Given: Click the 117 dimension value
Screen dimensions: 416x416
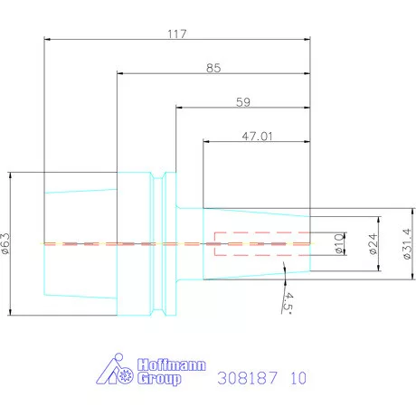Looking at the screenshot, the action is [x=177, y=33].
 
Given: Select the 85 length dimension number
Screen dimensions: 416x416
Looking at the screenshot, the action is [x=213, y=68].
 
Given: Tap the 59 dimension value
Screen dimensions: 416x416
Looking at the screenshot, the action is [x=243, y=102].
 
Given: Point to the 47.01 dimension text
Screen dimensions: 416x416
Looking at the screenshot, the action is [x=257, y=137].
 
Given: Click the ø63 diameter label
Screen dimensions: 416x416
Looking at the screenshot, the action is [x=5, y=243].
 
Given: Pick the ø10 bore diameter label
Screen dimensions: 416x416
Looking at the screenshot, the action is [x=339, y=243].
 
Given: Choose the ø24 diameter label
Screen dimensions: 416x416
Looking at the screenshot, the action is [x=373, y=243].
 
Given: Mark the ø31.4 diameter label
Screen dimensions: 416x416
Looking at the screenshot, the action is [x=407, y=243].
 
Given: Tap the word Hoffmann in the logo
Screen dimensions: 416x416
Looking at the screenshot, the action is [x=172, y=364].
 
